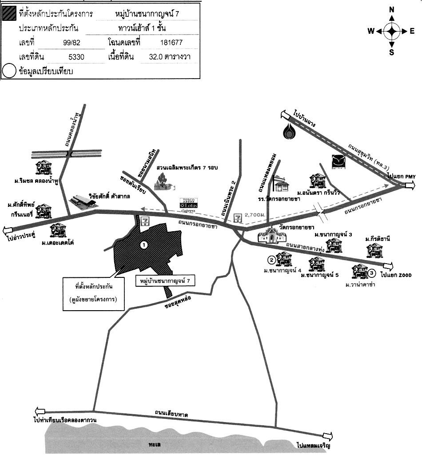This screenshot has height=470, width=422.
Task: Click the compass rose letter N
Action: pyautogui.click(x=391, y=9)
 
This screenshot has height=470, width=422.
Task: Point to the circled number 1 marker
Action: pyautogui.click(x=143, y=245)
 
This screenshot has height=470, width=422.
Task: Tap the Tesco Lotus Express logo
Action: pyautogui.click(x=187, y=203)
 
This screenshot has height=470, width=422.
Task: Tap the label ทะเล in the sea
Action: pyautogui.click(x=155, y=443)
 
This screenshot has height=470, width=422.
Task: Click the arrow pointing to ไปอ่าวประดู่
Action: pyautogui.click(x=8, y=230)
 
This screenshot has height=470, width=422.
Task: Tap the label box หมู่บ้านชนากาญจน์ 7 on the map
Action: pyautogui.click(x=165, y=281)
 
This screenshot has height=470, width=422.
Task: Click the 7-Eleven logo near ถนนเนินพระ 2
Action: pyautogui.click(x=239, y=217)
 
